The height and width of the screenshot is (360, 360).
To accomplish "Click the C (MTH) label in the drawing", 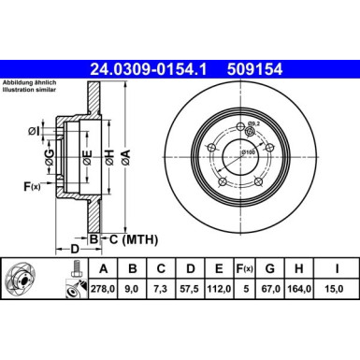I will pyautogui.click(x=130, y=238).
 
